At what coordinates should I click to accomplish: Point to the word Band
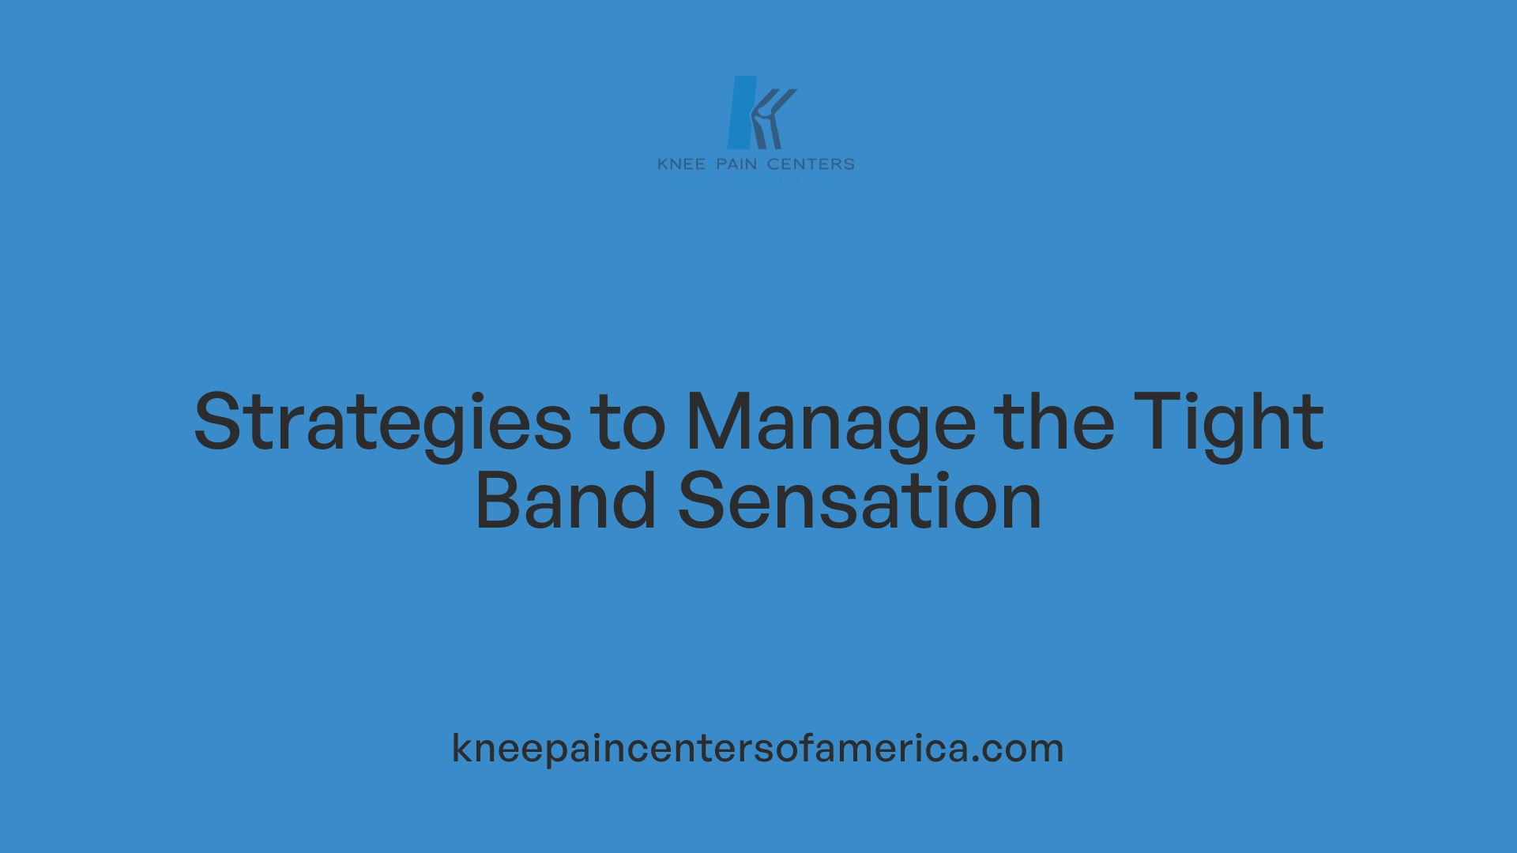coord(565,502)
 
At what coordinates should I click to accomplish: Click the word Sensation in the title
coord(860,502)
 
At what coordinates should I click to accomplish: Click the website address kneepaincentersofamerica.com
coord(758,748)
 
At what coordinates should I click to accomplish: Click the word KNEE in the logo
coord(681,164)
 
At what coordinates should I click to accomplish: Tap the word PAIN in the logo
coord(736,164)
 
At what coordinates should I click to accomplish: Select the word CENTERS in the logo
coord(811,164)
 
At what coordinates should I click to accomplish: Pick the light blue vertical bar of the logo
coord(740,112)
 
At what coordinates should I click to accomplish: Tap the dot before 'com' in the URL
coord(976,759)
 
